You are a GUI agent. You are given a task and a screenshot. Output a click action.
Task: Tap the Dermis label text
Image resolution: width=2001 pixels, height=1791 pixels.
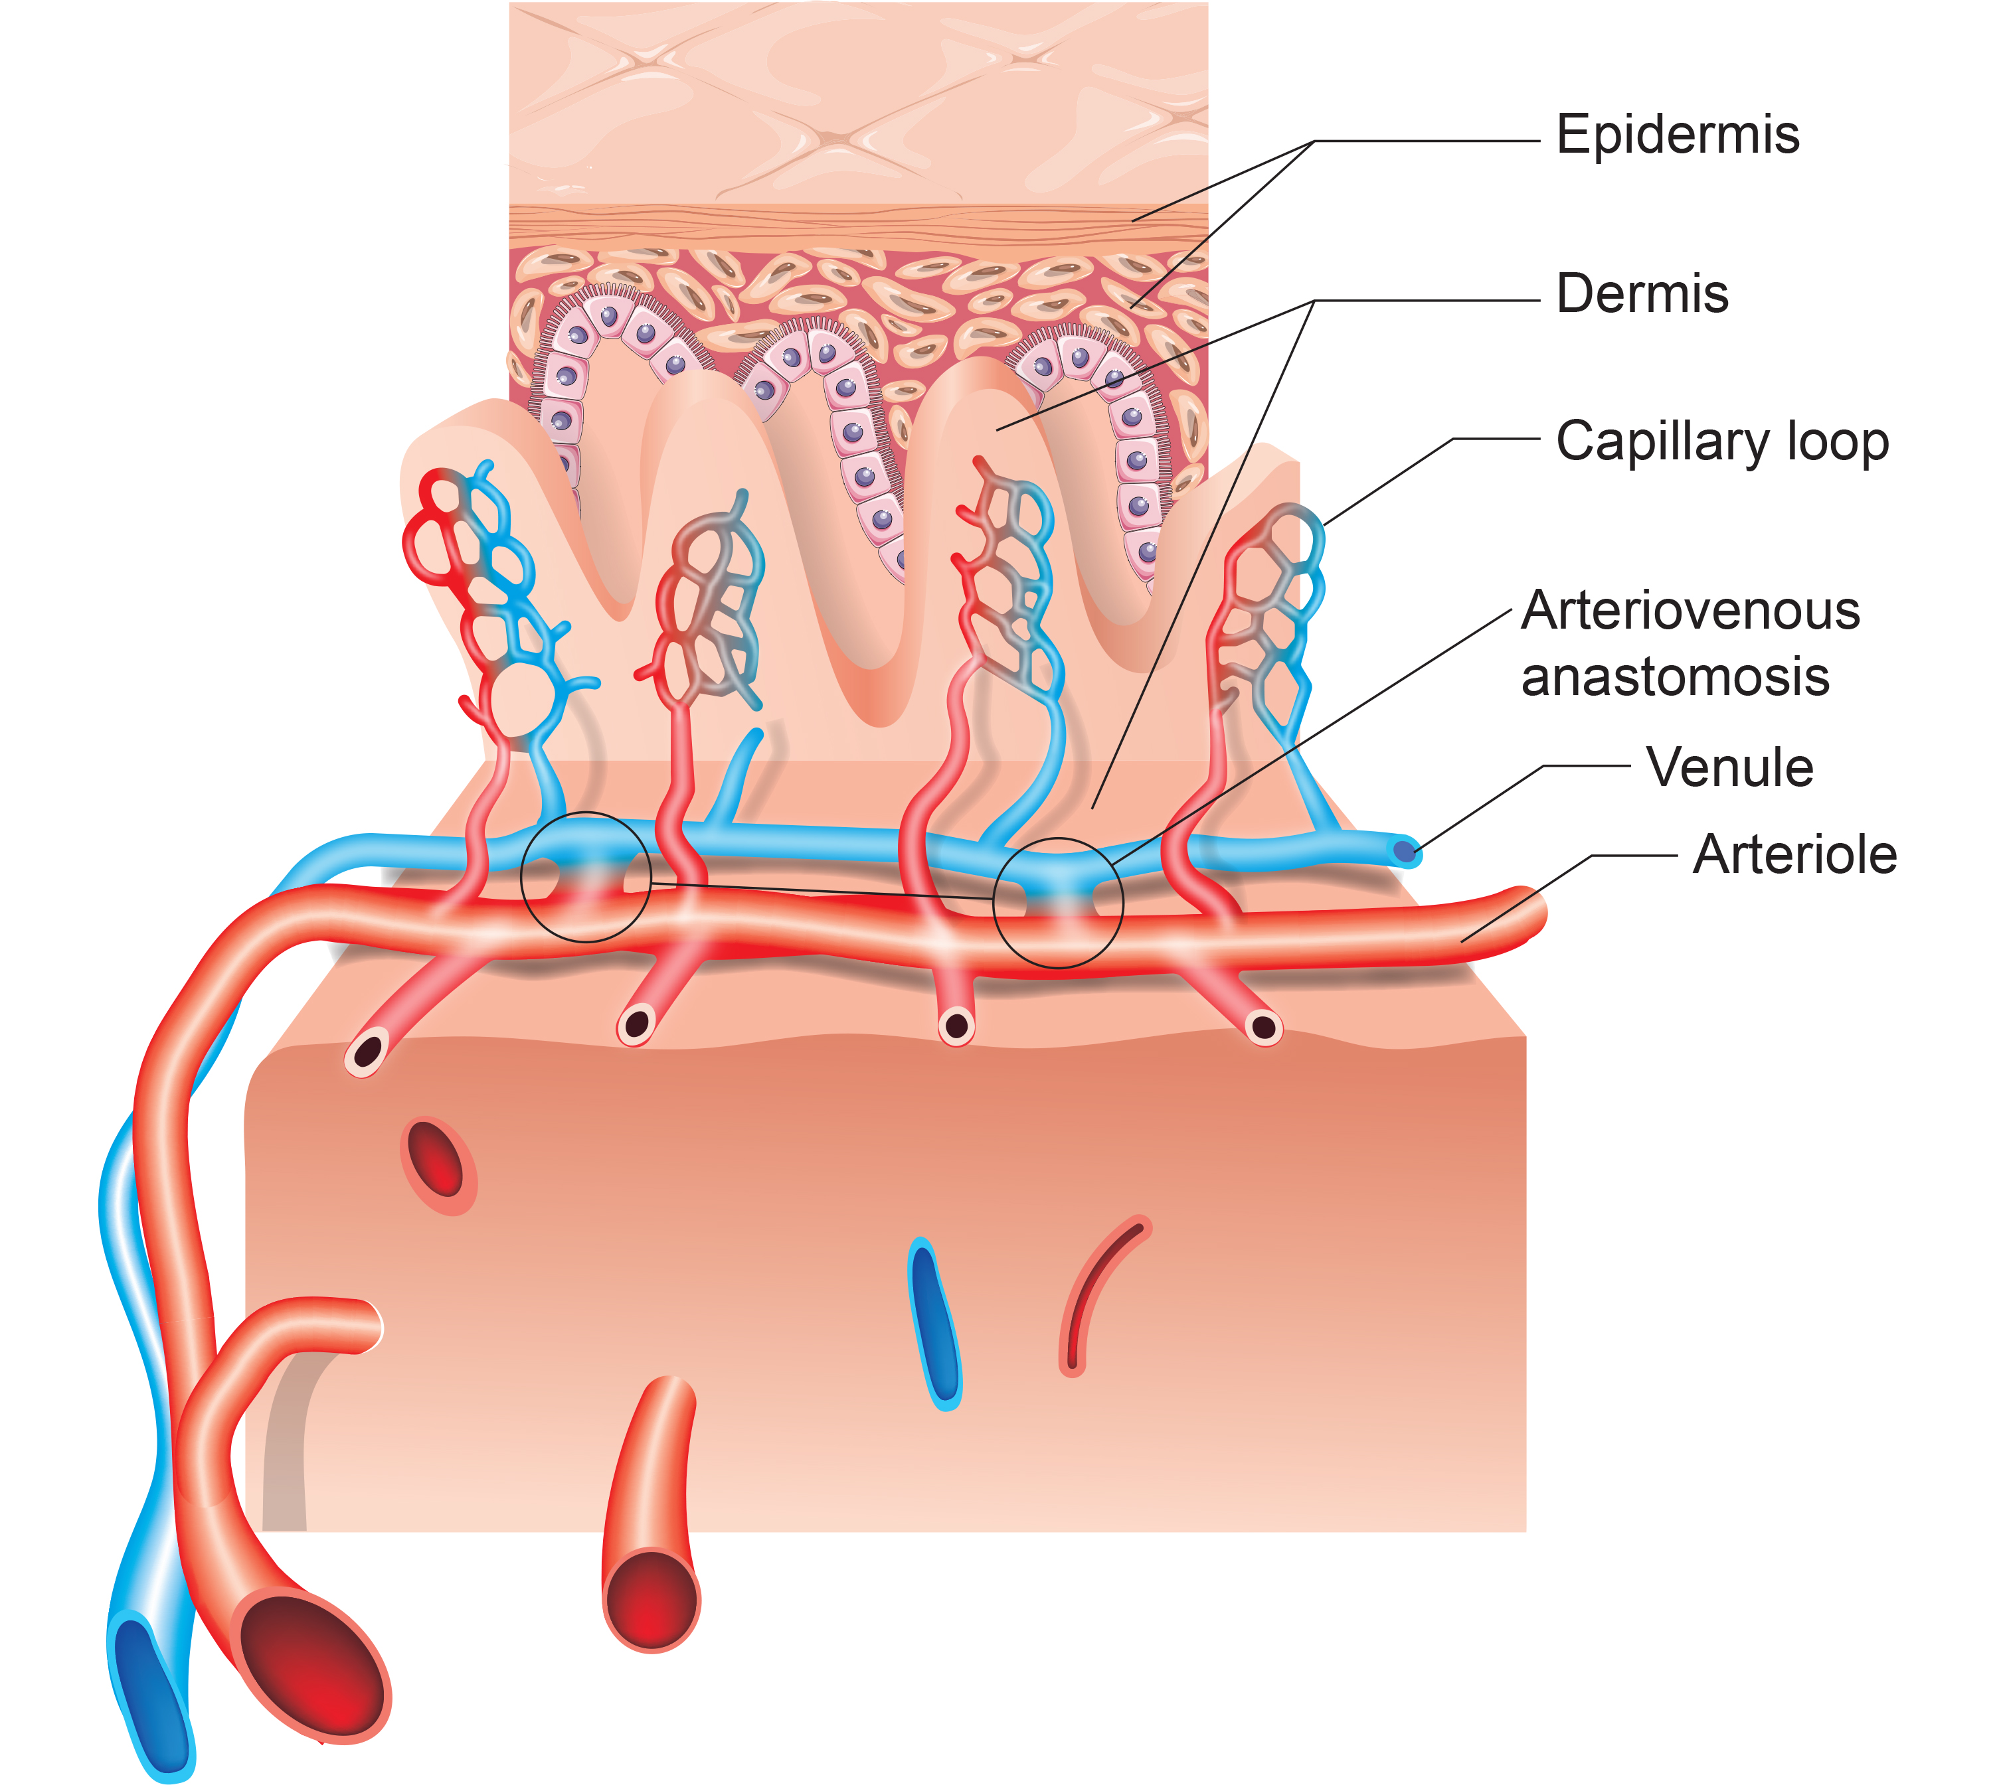(1642, 293)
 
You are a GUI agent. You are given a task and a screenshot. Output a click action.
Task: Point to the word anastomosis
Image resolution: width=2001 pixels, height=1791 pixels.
(1675, 677)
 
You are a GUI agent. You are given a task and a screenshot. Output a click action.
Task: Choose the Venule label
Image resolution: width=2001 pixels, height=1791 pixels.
(1729, 767)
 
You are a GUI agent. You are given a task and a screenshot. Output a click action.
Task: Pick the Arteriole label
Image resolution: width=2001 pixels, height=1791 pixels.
(1794, 854)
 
